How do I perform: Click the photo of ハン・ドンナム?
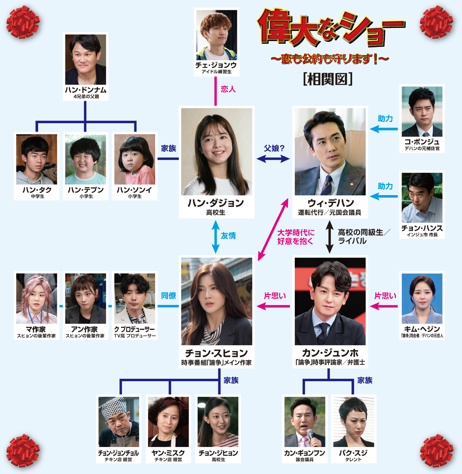[85, 59]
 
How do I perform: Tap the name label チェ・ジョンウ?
[216, 65]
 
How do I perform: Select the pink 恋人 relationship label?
[228, 89]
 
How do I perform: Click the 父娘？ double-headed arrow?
[273, 159]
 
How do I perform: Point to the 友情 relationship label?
[228, 236]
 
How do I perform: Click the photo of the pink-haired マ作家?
[37, 298]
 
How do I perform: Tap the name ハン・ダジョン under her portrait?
[216, 203]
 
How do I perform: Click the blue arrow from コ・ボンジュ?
[384, 129]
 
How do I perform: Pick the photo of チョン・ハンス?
[422, 198]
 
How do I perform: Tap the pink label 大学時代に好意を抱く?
[295, 237]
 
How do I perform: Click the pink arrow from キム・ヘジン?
[384, 306]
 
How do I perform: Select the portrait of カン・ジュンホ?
[330, 301]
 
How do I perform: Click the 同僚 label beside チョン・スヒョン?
[168, 296]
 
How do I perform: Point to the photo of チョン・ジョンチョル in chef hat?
[119, 422]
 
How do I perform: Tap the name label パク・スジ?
[353, 453]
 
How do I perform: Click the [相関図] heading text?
[328, 79]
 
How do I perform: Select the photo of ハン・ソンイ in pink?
[135, 159]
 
